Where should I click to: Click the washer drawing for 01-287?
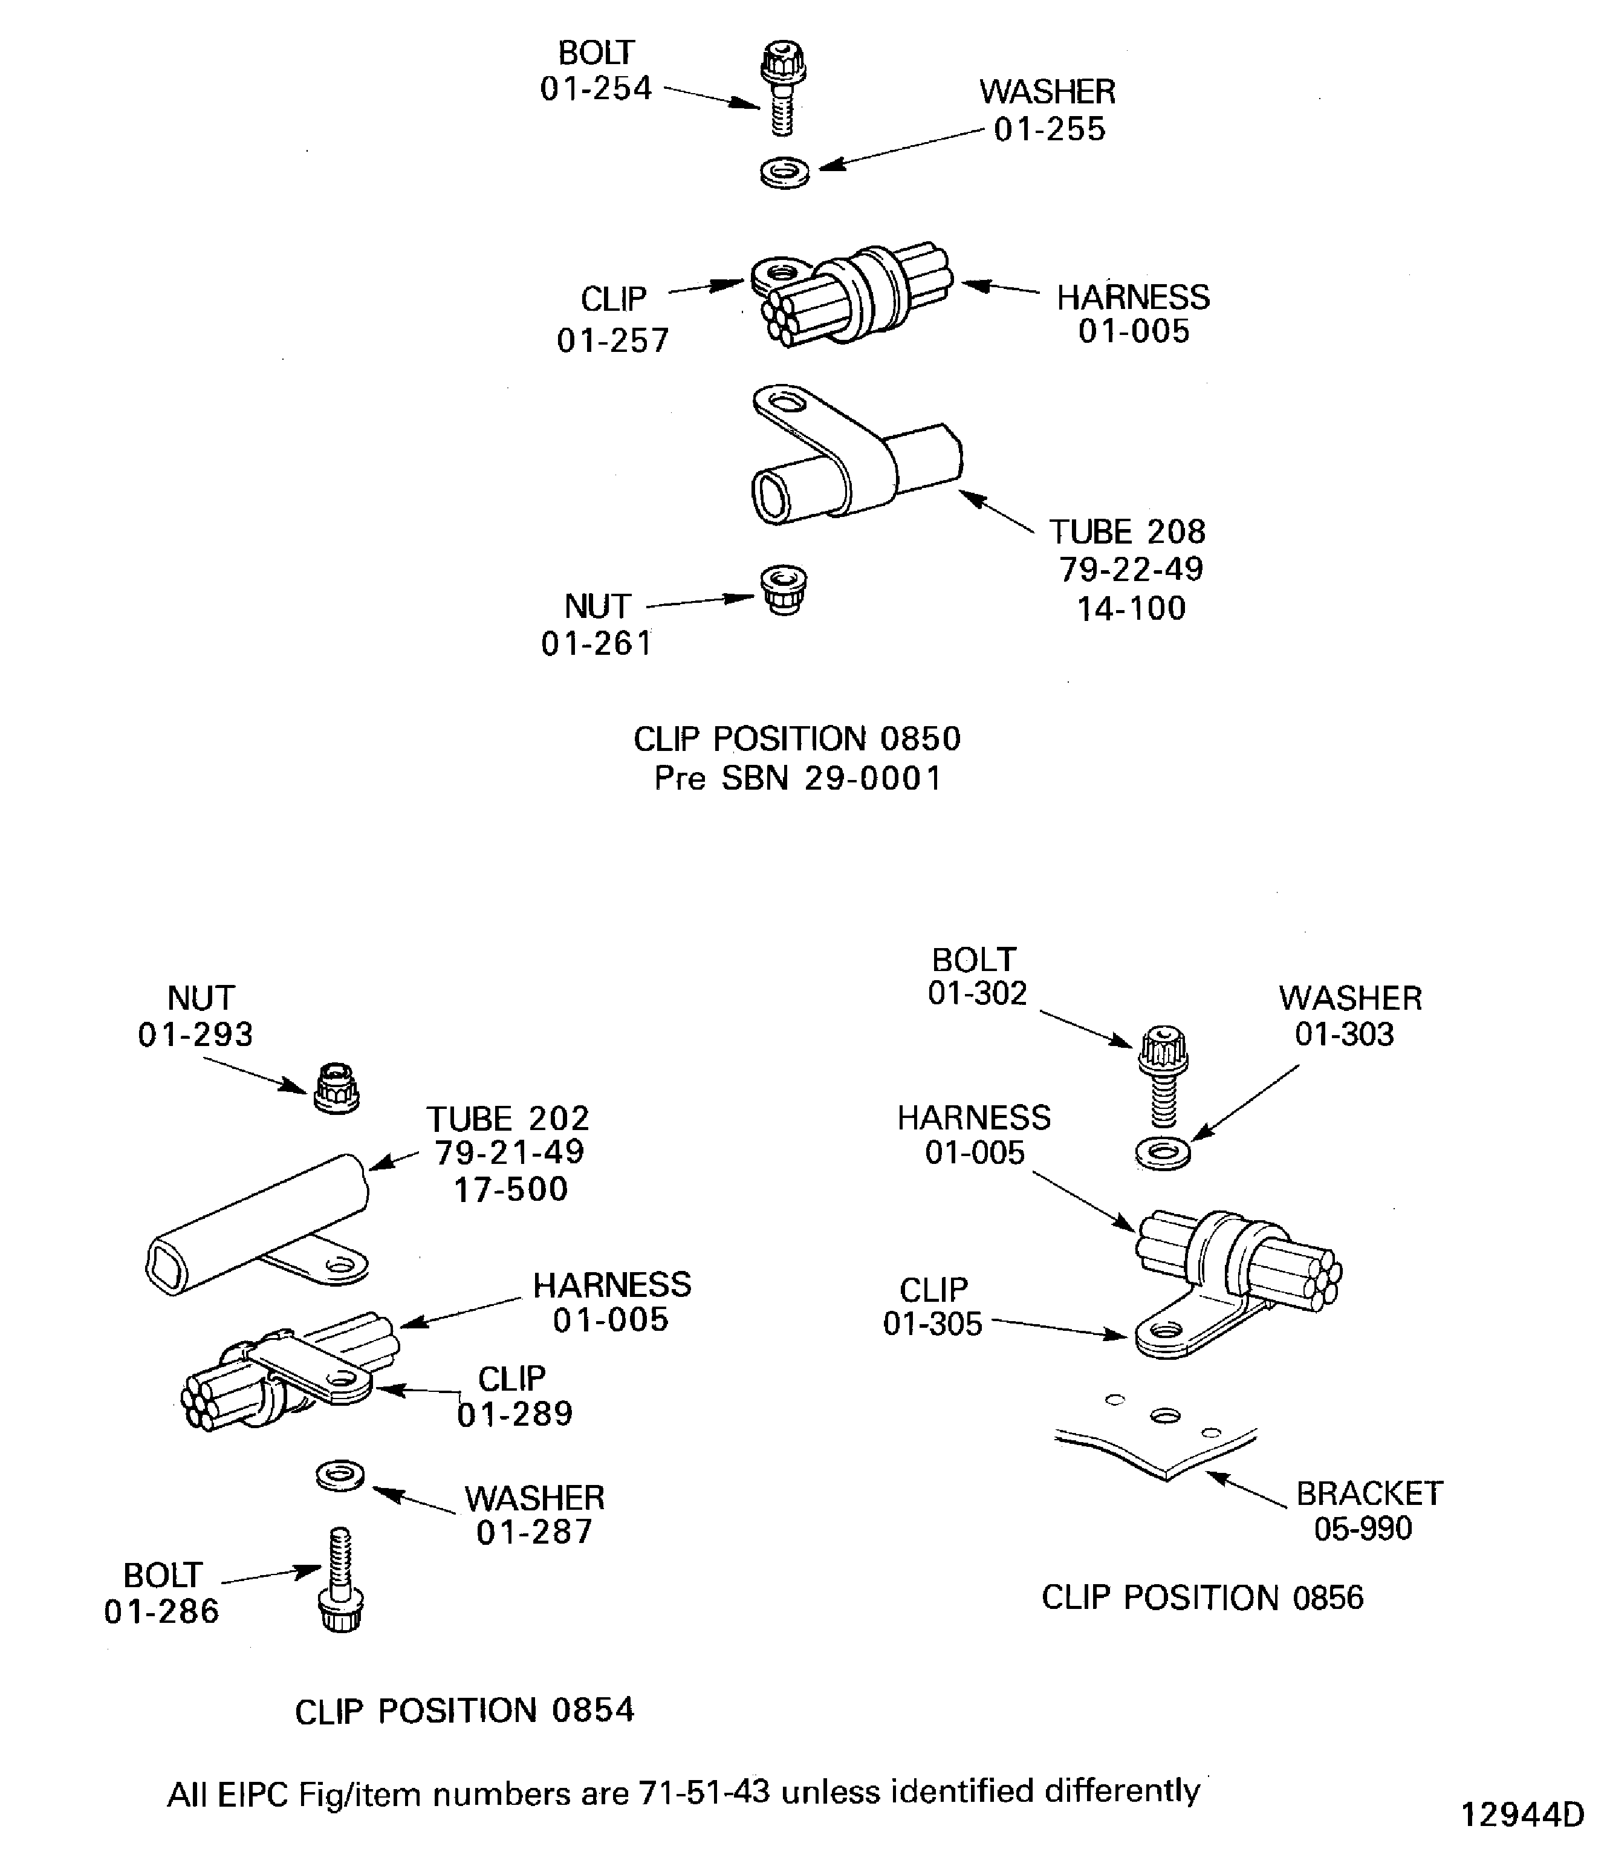click(x=340, y=1475)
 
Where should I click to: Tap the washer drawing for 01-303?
click(x=1163, y=1153)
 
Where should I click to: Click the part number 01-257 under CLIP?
click(x=612, y=340)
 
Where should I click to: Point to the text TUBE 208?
click(x=1128, y=532)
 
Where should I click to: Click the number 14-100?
click(x=1131, y=608)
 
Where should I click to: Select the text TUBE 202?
click(x=508, y=1119)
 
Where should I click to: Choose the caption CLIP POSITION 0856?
click(x=1202, y=1597)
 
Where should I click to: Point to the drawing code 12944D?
click(x=1522, y=1815)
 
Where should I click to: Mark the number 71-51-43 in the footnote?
click(x=704, y=1792)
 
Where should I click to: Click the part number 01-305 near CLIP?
click(x=933, y=1324)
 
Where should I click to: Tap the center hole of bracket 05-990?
click(x=1165, y=1416)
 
